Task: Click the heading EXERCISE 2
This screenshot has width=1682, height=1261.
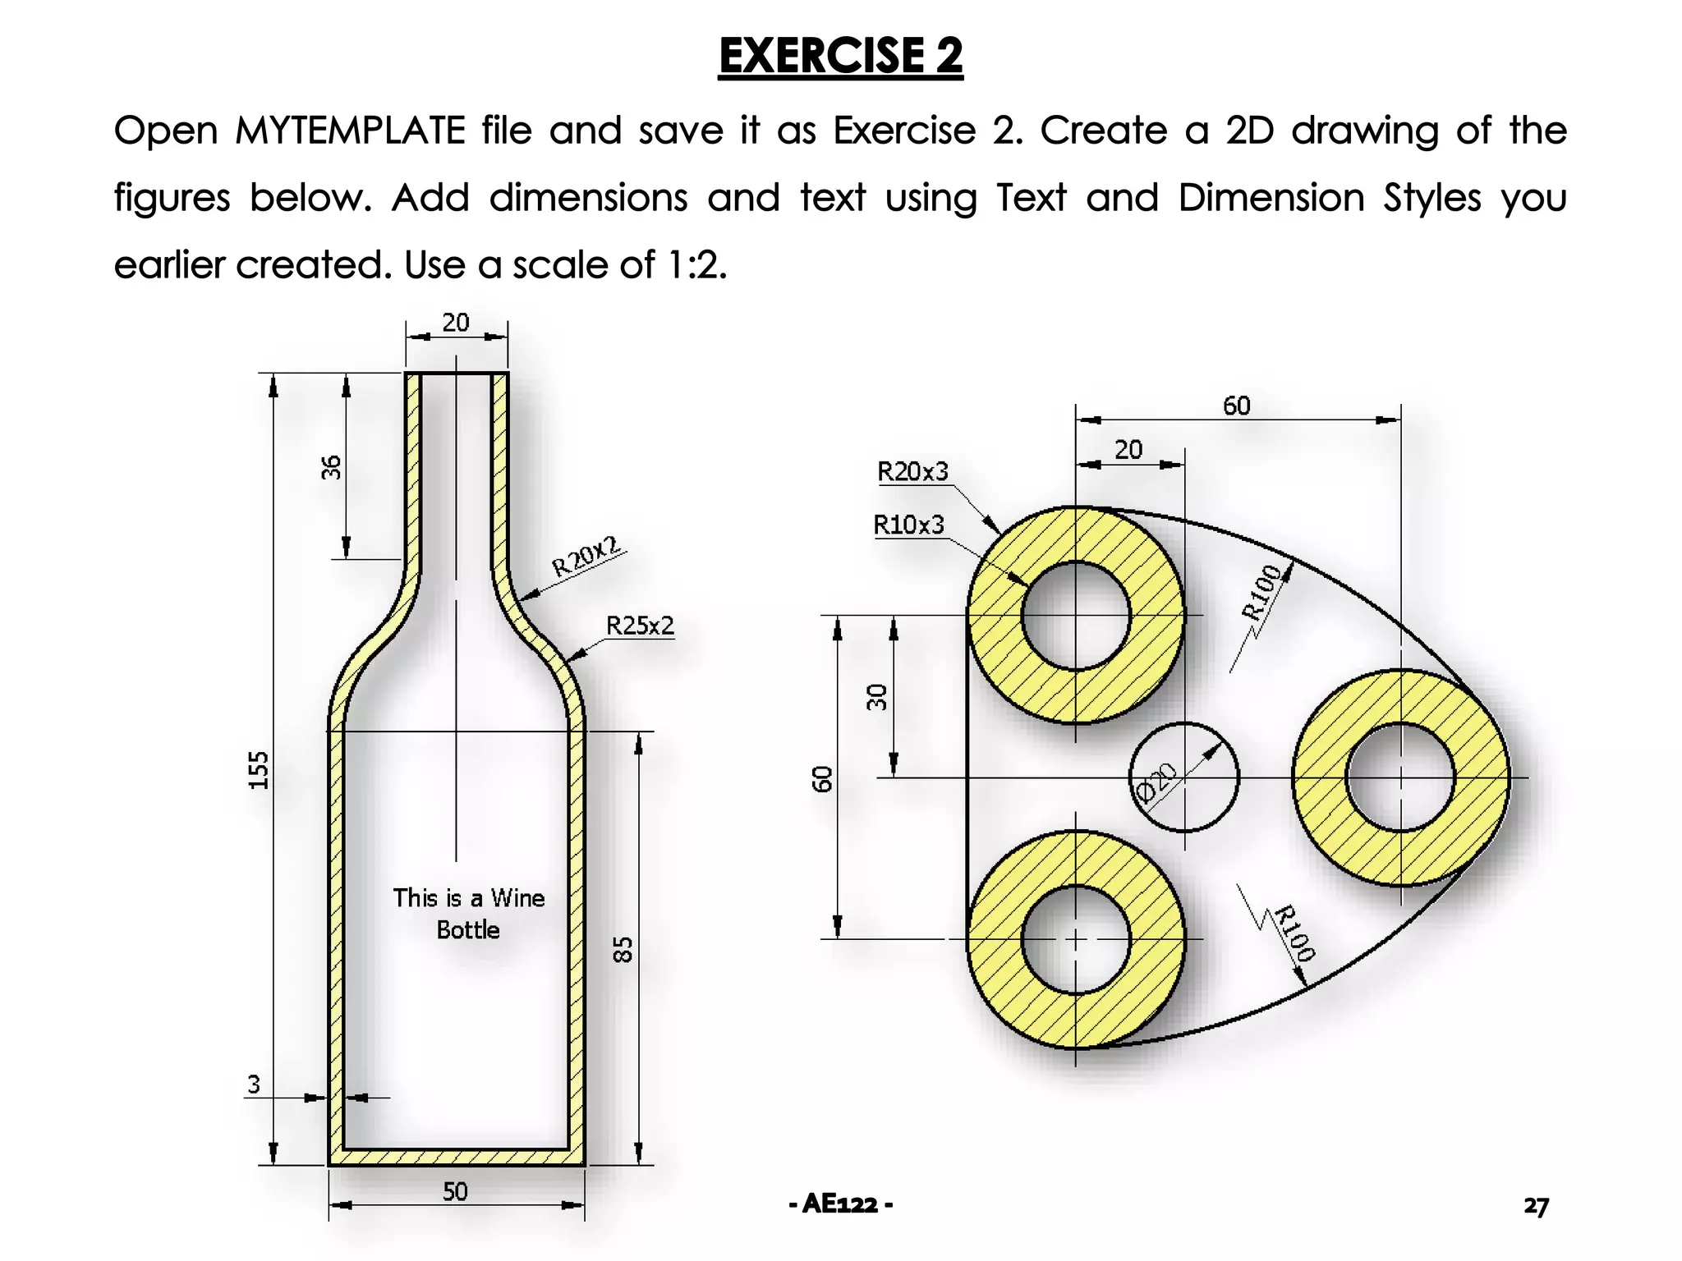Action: pyautogui.click(x=840, y=56)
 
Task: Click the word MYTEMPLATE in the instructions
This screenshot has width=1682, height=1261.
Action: pyautogui.click(x=350, y=131)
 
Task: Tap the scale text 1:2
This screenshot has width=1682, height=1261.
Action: pyautogui.click(x=696, y=265)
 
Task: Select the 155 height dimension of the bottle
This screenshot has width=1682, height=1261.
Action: pyautogui.click(x=259, y=770)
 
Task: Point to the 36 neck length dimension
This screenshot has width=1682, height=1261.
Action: pyautogui.click(x=330, y=467)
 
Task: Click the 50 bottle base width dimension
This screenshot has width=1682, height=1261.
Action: pyautogui.click(x=455, y=1191)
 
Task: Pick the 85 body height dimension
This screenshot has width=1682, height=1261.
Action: pyautogui.click(x=623, y=949)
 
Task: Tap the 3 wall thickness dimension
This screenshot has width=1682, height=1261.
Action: pyautogui.click(x=254, y=1084)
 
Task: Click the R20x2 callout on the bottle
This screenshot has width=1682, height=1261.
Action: pyautogui.click(x=586, y=556)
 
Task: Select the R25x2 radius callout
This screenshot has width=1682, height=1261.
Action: pyautogui.click(x=640, y=626)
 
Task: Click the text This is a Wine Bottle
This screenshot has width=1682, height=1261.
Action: pyautogui.click(x=468, y=914)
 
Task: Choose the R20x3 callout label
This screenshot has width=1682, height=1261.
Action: pyautogui.click(x=912, y=472)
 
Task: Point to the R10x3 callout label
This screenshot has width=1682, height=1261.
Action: pyautogui.click(x=908, y=525)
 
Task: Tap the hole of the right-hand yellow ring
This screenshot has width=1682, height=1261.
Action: pyautogui.click(x=1400, y=777)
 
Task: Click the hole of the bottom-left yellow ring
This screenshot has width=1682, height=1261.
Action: pyautogui.click(x=1076, y=939)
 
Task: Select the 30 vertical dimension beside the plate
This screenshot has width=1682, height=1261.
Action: pyautogui.click(x=877, y=696)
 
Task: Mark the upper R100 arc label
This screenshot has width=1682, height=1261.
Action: pyautogui.click(x=1261, y=592)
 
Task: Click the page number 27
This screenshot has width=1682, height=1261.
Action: pyautogui.click(x=1536, y=1206)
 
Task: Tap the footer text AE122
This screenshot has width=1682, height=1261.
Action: pyautogui.click(x=840, y=1204)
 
